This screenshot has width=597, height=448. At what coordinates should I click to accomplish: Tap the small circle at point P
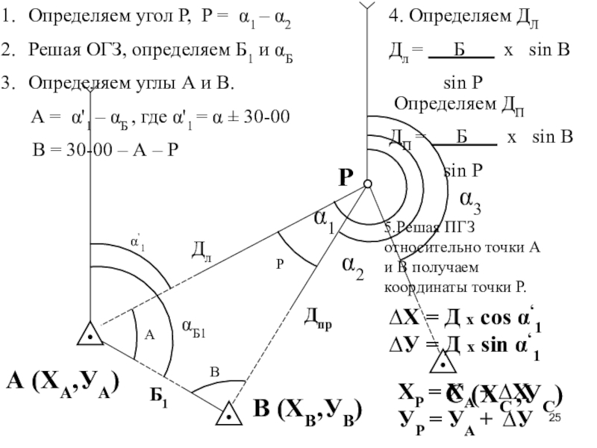[x=367, y=183]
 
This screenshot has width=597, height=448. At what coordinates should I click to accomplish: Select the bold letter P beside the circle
[x=345, y=178]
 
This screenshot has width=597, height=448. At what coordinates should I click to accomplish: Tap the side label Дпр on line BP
[x=318, y=320]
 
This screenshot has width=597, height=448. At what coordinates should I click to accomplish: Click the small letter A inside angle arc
[x=149, y=336]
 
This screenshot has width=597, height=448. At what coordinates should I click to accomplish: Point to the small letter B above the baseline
[x=213, y=372]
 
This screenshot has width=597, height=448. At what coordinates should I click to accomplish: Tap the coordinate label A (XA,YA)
[x=63, y=384]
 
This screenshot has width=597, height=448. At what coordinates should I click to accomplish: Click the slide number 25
[x=555, y=420]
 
